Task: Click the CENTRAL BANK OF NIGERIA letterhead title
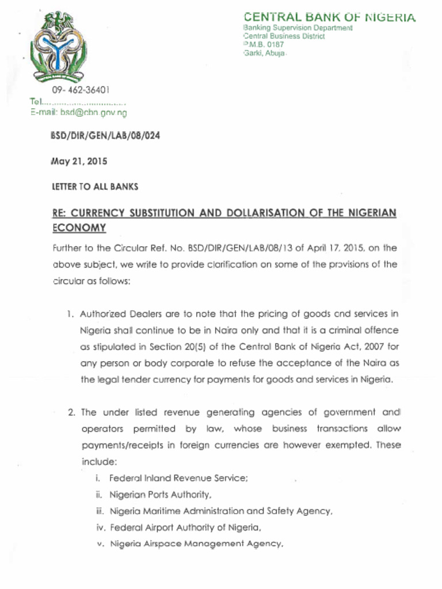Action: point(329,17)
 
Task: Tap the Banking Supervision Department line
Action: point(298,28)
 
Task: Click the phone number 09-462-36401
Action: point(81,90)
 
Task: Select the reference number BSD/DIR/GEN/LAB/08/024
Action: point(105,136)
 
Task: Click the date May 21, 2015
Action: point(79,162)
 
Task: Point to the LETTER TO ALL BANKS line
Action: point(95,187)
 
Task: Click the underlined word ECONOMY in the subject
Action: point(79,228)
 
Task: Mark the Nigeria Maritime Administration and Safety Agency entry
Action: point(221,510)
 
